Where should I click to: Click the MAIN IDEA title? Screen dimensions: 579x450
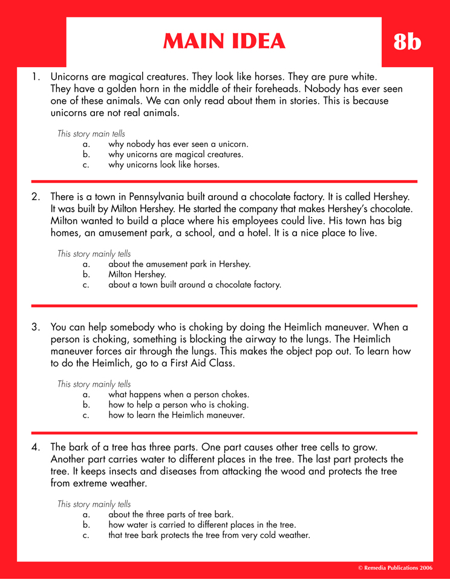pos(224,41)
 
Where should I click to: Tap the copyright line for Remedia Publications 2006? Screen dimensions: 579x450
pos(395,569)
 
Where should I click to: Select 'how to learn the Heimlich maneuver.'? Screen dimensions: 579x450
pos(176,416)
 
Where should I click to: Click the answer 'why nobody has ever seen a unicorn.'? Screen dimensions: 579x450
pos(178,144)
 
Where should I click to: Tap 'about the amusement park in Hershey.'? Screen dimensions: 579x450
pos(179,264)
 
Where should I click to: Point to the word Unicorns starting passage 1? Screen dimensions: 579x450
pos(71,77)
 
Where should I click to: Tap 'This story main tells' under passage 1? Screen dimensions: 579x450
pos(91,134)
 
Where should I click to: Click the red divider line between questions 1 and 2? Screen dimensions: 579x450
pos(224,181)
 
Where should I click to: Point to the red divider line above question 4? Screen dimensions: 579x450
pos(224,433)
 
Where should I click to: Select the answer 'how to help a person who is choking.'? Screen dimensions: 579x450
pos(178,405)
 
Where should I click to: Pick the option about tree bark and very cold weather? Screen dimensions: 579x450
pos(209,535)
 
